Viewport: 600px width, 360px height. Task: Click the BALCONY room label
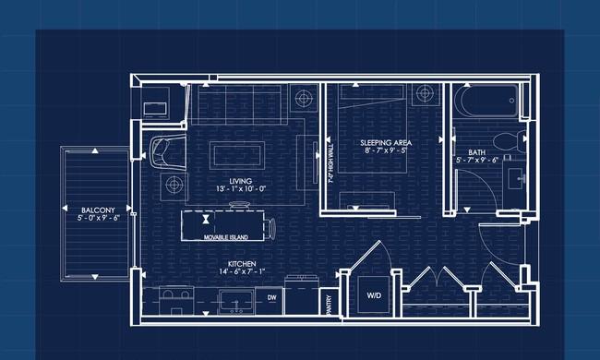[98, 210]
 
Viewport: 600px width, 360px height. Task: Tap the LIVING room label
[241, 181]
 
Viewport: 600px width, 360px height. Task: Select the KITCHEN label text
[242, 264]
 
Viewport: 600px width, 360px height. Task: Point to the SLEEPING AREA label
[386, 143]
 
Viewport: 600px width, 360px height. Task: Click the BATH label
[476, 152]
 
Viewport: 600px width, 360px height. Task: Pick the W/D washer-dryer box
[374, 294]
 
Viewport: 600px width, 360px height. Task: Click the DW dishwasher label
[271, 297]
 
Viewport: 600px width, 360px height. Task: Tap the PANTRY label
[330, 305]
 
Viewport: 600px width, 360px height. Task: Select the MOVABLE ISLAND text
[226, 237]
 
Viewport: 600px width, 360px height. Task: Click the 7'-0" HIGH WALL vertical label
[331, 163]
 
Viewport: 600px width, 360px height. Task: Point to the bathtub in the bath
[486, 101]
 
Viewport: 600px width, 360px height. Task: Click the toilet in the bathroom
[510, 141]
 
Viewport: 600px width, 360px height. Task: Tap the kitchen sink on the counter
[236, 302]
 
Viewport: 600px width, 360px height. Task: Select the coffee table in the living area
[237, 155]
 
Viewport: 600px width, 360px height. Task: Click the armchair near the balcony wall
[168, 151]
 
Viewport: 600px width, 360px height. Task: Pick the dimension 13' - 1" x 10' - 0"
[241, 188]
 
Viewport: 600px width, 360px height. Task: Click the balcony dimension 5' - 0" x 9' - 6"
[99, 218]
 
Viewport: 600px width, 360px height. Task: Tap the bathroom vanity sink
[515, 179]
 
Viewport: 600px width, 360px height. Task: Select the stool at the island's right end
[270, 228]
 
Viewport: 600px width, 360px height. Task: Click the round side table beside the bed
[425, 93]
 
